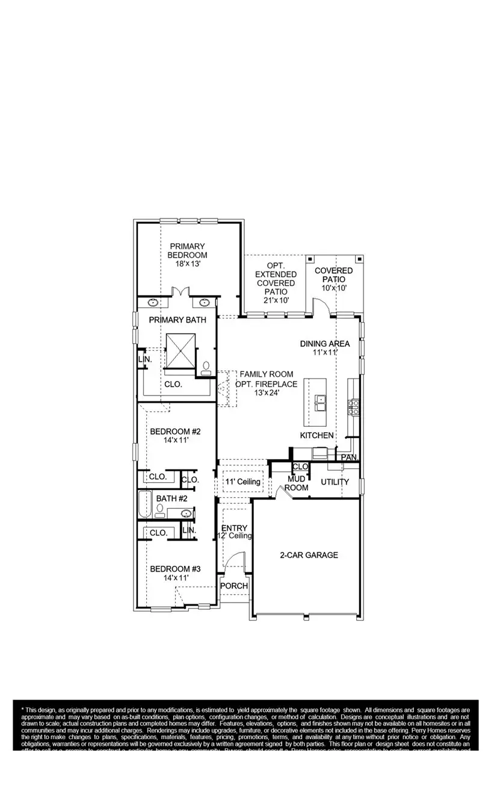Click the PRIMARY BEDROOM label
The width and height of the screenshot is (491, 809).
coord(187,250)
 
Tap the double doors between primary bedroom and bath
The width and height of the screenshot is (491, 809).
coord(178,292)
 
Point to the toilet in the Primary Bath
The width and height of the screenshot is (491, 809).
coord(206,368)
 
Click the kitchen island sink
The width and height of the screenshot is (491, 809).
coord(321,401)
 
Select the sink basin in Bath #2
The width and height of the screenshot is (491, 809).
coord(187,513)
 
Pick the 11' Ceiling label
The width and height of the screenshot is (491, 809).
coord(243,482)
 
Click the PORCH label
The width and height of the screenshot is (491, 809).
coord(234,586)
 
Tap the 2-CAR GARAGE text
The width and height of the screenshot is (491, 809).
coord(309,555)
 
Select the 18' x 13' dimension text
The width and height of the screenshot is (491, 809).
coord(187,264)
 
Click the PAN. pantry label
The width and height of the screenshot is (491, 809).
coord(349,457)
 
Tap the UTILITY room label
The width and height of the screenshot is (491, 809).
coord(335,482)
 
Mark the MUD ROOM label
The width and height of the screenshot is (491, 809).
coord(297,483)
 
